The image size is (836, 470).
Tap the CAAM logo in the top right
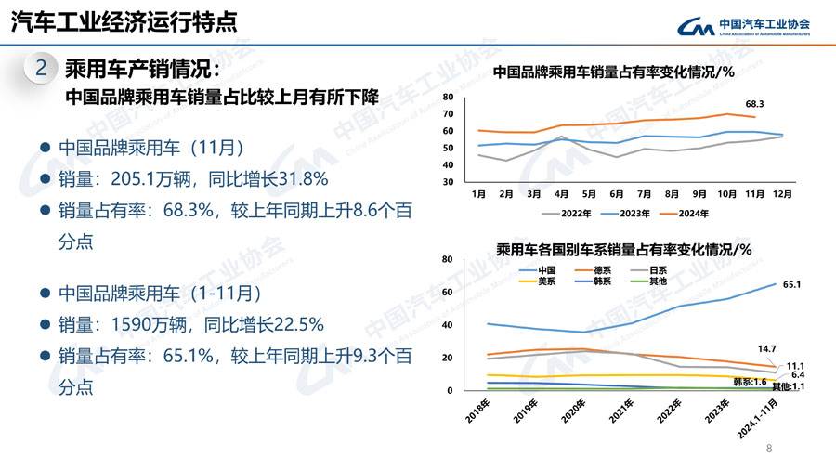(x=742, y=27)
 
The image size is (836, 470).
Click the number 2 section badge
(x=40, y=68)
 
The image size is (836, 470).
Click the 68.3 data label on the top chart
(x=754, y=104)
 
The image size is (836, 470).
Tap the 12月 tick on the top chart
(x=782, y=194)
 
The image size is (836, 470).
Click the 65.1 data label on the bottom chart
(x=791, y=284)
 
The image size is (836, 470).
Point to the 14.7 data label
(x=766, y=348)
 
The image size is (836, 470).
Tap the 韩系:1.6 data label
(x=749, y=381)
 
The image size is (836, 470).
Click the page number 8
(x=769, y=449)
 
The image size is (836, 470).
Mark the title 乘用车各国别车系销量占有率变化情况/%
(x=622, y=249)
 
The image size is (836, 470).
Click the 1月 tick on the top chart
(x=479, y=194)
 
